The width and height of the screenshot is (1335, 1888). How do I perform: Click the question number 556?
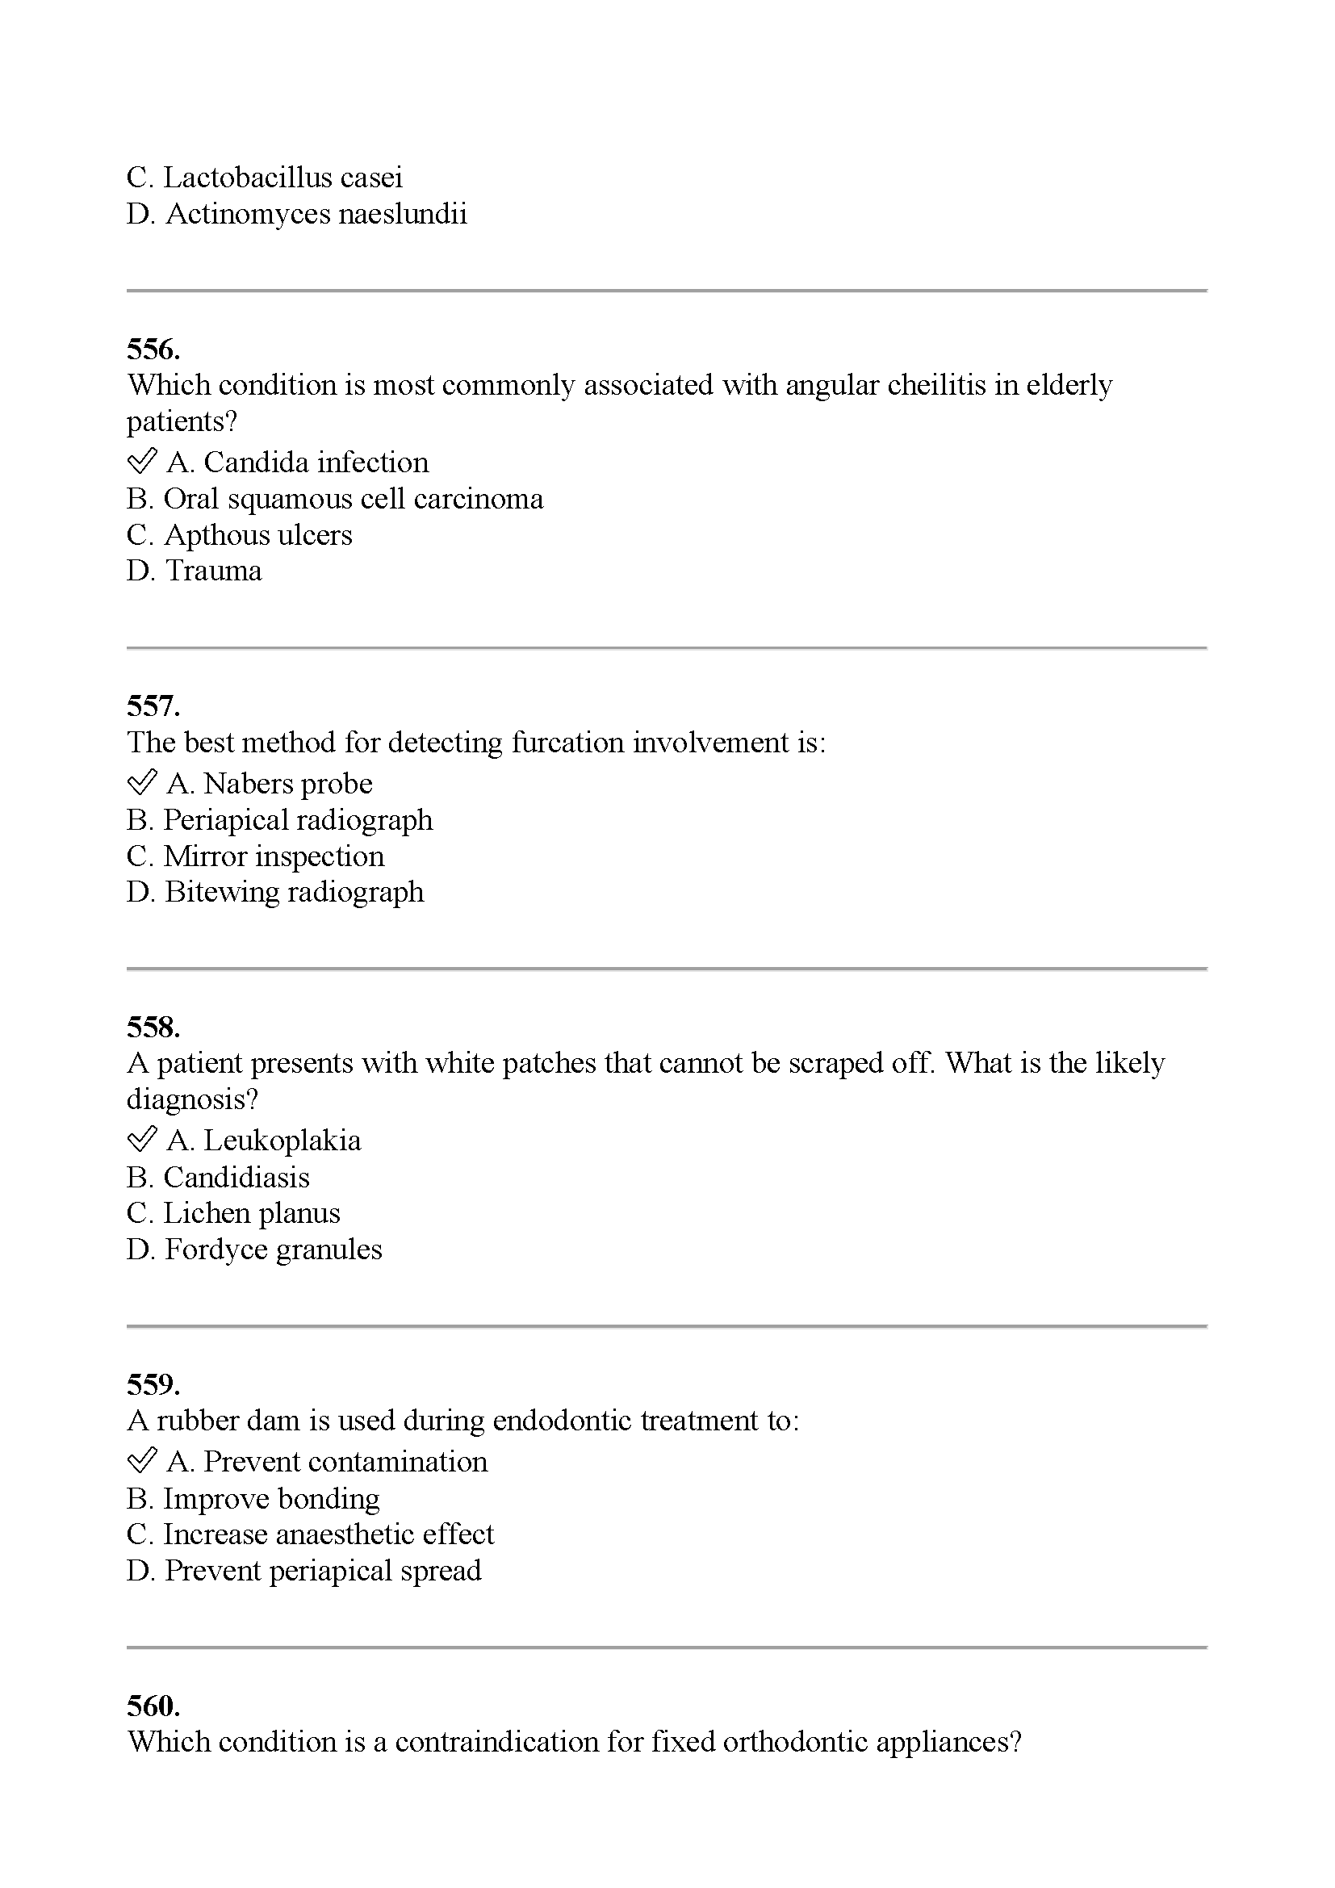pos(153,350)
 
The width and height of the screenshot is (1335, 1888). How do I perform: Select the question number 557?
pos(153,706)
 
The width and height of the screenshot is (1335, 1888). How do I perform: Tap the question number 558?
pos(153,1027)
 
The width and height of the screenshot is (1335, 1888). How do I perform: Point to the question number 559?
pos(153,1384)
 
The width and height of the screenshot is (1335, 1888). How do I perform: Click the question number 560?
pos(153,1706)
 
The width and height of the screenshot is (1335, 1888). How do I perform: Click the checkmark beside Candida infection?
pos(141,462)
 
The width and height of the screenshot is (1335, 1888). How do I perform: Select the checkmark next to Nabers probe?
pos(141,783)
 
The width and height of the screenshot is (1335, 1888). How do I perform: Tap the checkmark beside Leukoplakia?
pos(141,1140)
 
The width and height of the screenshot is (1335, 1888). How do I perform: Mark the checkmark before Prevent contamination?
pos(141,1461)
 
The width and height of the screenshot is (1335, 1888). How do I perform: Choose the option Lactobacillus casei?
pos(265,178)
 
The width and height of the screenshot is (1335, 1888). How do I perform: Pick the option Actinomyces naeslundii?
pos(297,215)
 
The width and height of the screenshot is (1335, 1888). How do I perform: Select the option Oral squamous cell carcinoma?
pos(335,499)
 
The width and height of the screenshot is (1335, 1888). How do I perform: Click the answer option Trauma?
pos(194,571)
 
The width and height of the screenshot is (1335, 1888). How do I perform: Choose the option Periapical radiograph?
pos(279,820)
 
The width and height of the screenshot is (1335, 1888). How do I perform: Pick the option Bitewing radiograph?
pos(275,892)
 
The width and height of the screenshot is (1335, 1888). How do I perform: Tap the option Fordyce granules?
pos(254,1249)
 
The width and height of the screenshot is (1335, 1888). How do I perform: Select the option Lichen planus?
pos(233,1213)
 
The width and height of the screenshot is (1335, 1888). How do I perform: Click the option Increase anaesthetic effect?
pos(310,1534)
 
